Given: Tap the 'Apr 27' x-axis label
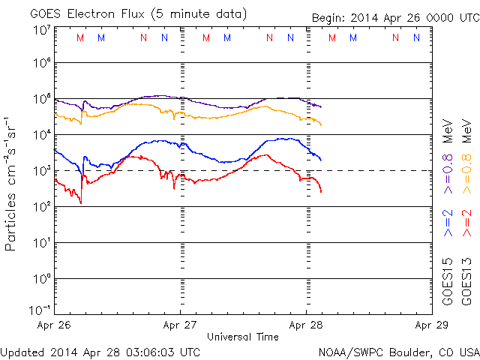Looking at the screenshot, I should [179, 325].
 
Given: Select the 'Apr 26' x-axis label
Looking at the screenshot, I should [54, 325].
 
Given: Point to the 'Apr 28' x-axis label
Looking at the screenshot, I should [305, 325].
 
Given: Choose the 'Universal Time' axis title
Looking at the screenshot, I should [243, 337].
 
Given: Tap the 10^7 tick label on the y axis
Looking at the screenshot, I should [41, 30].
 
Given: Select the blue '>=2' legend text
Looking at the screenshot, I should [448, 223].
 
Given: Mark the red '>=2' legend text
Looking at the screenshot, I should [466, 223].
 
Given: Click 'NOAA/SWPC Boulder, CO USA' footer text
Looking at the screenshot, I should [397, 352].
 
